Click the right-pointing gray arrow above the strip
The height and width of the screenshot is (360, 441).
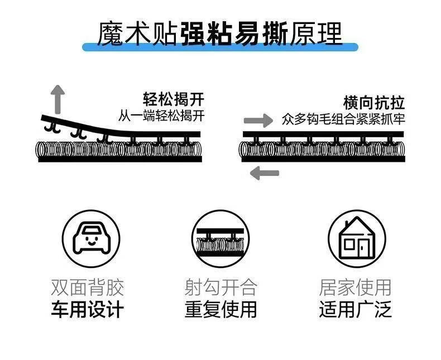[x=258, y=121]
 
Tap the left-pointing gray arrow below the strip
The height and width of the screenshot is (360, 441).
[x=265, y=173]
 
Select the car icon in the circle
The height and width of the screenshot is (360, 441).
[x=90, y=238]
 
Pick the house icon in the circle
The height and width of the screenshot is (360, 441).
[x=357, y=238]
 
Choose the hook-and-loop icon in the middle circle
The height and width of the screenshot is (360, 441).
[x=220, y=242]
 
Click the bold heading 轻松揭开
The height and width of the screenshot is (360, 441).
[x=174, y=99]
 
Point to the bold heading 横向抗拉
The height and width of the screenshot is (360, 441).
[x=374, y=103]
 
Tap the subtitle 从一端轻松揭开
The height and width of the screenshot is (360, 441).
[x=161, y=116]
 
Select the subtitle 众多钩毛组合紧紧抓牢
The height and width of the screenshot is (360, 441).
[x=343, y=119]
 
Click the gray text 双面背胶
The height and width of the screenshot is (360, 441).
[x=88, y=287]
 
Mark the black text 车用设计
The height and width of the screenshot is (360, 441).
[x=88, y=309]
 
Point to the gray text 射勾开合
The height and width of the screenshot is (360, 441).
[x=221, y=287]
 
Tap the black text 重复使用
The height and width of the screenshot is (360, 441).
[x=221, y=309]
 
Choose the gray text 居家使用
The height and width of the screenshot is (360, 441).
[x=355, y=287]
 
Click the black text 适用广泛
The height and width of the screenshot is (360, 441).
[x=355, y=309]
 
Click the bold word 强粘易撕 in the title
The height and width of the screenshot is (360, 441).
[x=234, y=33]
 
